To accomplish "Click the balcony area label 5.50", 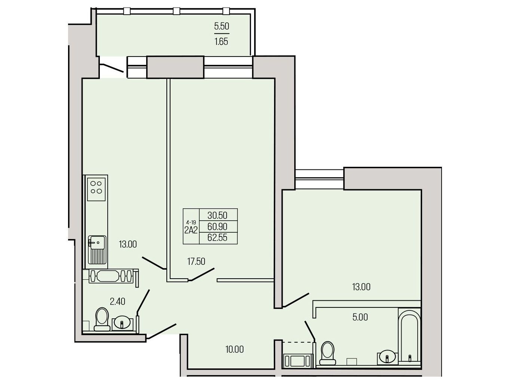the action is [221, 26].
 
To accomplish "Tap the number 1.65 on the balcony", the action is [221, 42].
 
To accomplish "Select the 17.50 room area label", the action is [196, 261].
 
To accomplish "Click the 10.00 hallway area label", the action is [234, 349].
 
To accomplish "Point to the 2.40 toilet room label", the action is [117, 301].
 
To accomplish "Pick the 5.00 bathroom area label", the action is [360, 317].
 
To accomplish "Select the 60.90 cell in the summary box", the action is [217, 226].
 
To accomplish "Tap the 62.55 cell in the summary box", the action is [217, 238].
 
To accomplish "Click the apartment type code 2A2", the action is [191, 230].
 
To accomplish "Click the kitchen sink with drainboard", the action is [97, 250].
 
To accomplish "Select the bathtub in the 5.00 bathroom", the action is [409, 335].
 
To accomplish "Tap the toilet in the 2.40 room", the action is [102, 319].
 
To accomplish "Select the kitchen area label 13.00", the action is [127, 244].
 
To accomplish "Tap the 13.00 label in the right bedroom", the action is [361, 287].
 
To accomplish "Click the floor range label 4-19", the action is [191, 222].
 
